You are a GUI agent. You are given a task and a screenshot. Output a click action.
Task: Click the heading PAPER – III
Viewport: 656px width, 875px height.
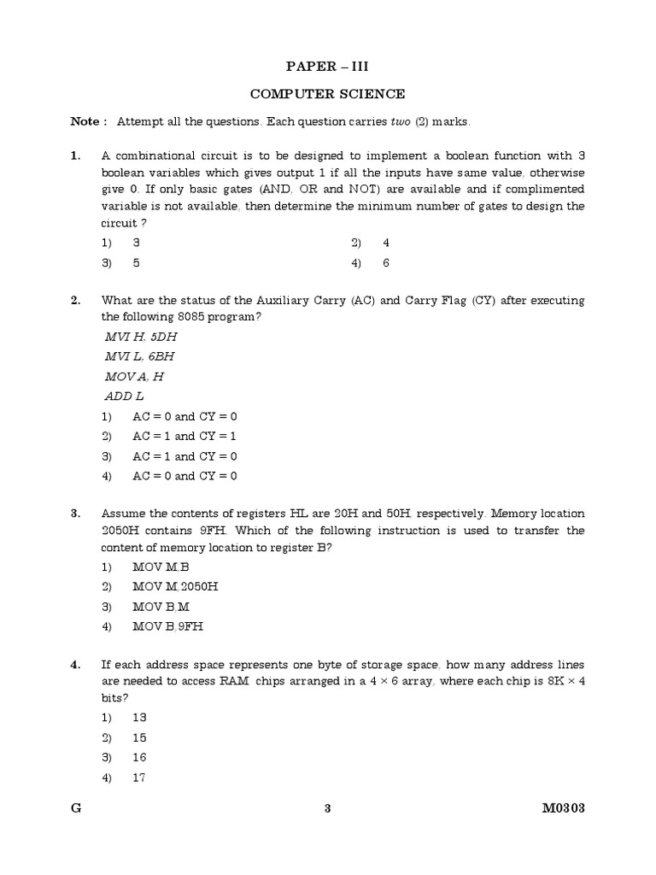point(327,66)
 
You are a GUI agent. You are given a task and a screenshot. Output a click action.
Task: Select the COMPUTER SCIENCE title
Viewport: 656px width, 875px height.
point(327,94)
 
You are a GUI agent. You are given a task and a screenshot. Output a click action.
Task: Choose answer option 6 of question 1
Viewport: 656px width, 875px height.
point(386,263)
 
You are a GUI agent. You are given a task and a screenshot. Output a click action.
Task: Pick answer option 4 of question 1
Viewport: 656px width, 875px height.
point(386,243)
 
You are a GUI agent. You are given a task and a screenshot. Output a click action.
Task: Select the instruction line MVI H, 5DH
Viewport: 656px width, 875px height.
point(139,337)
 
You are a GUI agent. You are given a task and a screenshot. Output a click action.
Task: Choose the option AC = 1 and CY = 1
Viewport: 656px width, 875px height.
point(184,436)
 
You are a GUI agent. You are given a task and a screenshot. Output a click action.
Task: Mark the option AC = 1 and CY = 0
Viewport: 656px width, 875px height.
point(184,456)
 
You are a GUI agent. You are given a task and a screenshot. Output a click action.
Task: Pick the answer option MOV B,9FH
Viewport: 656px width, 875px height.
point(168,626)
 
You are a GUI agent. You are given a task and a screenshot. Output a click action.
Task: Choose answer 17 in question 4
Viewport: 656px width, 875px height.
point(139,778)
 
